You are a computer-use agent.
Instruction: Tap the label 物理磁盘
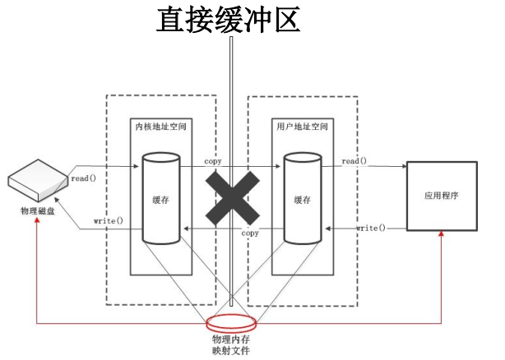point(39,211)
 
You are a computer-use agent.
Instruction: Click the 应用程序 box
point(440,196)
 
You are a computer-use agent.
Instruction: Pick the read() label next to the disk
point(86,178)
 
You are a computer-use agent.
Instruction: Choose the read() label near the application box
point(354,161)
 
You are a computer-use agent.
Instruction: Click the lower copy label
point(250,233)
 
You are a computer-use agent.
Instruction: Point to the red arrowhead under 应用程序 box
point(441,235)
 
